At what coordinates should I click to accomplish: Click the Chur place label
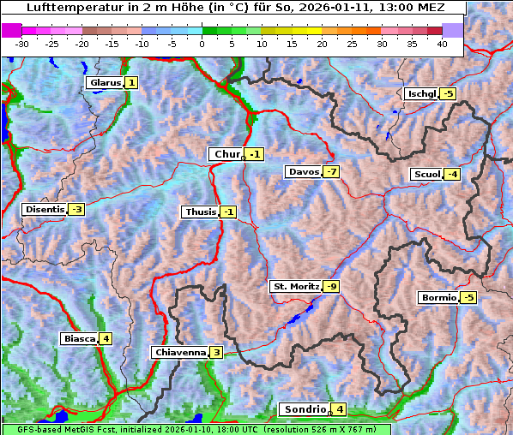(226, 154)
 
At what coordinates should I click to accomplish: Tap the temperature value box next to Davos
(331, 172)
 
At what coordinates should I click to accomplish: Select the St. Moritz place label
(295, 286)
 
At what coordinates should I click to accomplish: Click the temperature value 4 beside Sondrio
(340, 409)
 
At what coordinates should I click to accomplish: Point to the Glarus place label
(104, 83)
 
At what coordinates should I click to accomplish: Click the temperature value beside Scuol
(451, 175)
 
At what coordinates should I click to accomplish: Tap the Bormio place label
(438, 298)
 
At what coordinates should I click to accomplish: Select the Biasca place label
(79, 339)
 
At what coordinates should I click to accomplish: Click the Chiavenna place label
(179, 352)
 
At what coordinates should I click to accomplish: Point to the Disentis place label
(45, 209)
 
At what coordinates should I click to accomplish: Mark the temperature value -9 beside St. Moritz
(331, 286)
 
